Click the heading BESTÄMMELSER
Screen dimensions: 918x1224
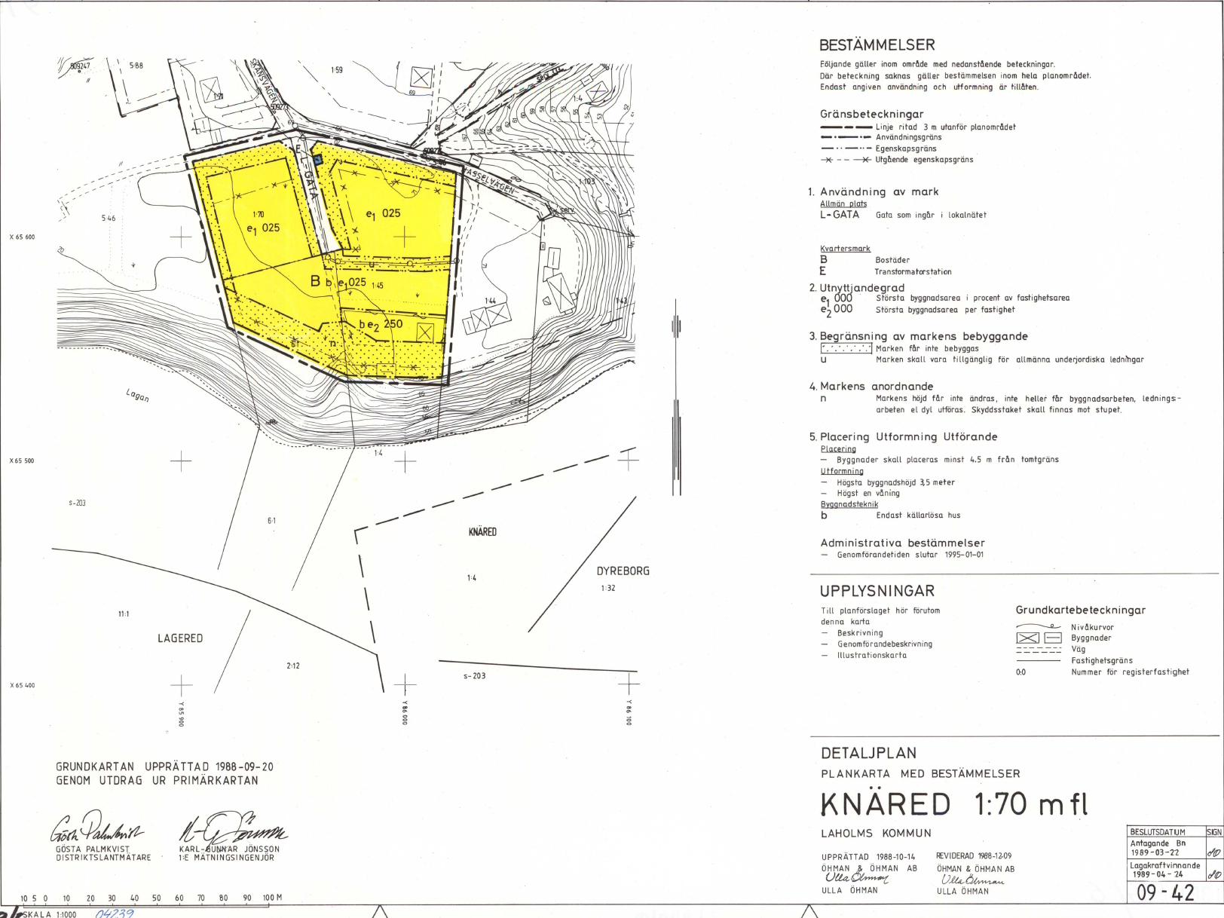coord(877,45)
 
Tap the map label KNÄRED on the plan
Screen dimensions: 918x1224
coord(482,532)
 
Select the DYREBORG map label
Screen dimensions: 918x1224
coord(623,571)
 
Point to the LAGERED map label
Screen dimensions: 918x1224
coord(180,638)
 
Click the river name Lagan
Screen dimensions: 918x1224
coord(137,395)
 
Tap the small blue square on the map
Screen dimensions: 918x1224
coord(318,159)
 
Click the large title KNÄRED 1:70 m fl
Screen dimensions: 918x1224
coord(954,805)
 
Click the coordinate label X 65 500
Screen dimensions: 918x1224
coord(22,461)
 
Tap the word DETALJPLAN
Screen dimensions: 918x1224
coord(868,753)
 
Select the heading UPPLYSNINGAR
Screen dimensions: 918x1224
coord(877,591)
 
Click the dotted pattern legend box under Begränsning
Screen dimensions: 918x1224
coord(846,348)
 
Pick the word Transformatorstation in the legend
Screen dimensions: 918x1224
coord(913,272)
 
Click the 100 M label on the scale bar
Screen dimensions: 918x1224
coord(272,898)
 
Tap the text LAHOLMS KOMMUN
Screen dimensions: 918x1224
coord(876,834)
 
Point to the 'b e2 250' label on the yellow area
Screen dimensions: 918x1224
coord(381,325)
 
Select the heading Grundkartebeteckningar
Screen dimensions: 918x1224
coord(1080,610)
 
